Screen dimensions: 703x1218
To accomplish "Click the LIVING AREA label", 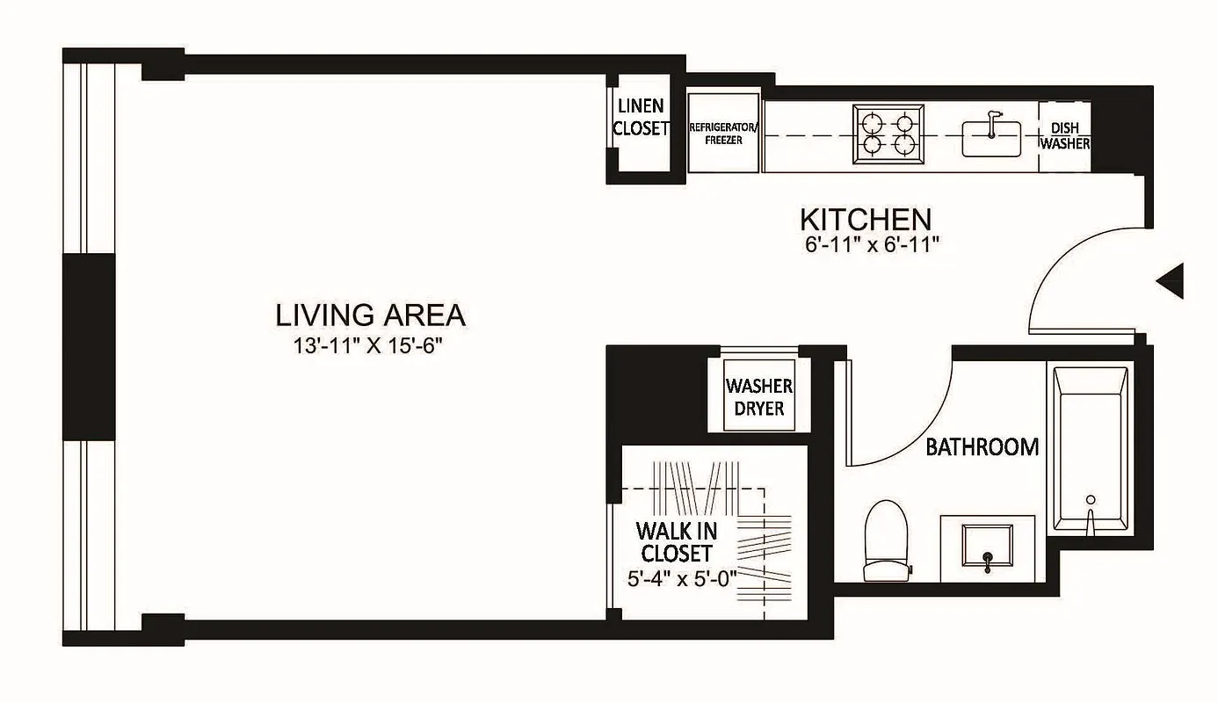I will pos(370,315).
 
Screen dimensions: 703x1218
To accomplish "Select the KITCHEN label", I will pos(865,218).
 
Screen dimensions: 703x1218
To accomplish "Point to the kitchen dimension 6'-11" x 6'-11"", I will pos(871,245).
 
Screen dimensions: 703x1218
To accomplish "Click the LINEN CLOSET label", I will pos(641,117).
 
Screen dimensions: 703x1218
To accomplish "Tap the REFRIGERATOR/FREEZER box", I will pos(723,134).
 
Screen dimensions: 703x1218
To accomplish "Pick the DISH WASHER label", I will pos(1065,135).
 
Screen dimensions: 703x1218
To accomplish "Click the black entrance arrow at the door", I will pos(1171,281).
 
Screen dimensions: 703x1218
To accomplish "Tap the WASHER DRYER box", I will pos(759,397).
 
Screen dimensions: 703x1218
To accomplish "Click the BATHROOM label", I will pos(982,446).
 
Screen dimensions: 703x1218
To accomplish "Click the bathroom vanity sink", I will pos(987,547).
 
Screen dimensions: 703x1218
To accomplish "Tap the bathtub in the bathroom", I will pos(1090,448).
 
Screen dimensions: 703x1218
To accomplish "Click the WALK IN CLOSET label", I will pos(676,542).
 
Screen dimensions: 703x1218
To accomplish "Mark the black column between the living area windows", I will pos(88,347).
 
